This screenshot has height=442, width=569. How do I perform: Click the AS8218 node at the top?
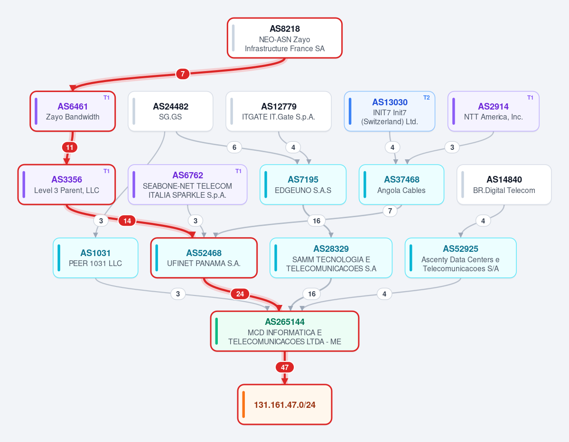point(285,38)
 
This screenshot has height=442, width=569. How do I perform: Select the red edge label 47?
point(285,368)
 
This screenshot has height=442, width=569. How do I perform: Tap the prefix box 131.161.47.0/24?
point(285,405)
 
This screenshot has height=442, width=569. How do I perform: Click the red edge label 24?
point(240,294)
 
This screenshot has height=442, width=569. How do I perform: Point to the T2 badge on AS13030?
point(426,98)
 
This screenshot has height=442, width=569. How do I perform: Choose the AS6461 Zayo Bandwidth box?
point(73,111)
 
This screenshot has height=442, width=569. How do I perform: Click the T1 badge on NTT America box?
point(530,98)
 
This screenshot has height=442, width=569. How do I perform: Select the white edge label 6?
point(234,147)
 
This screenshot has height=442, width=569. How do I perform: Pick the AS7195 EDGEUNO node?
point(303,184)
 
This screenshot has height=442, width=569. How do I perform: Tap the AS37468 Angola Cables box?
point(401,184)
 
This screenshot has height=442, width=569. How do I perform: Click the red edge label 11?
point(70,147)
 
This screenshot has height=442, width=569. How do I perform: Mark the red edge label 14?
point(127,221)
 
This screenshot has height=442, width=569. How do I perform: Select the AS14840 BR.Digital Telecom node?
point(504,184)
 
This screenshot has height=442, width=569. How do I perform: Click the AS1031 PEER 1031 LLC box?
point(95,258)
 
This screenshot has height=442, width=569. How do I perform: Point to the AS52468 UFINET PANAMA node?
point(204,258)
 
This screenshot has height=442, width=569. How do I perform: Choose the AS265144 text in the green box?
point(285,322)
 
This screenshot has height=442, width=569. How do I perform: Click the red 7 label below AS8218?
point(183,74)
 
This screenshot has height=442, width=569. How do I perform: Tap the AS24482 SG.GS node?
point(170,111)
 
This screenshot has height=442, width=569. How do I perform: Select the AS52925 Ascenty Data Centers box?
point(460,258)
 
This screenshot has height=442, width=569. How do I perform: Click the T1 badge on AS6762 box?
point(238,171)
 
